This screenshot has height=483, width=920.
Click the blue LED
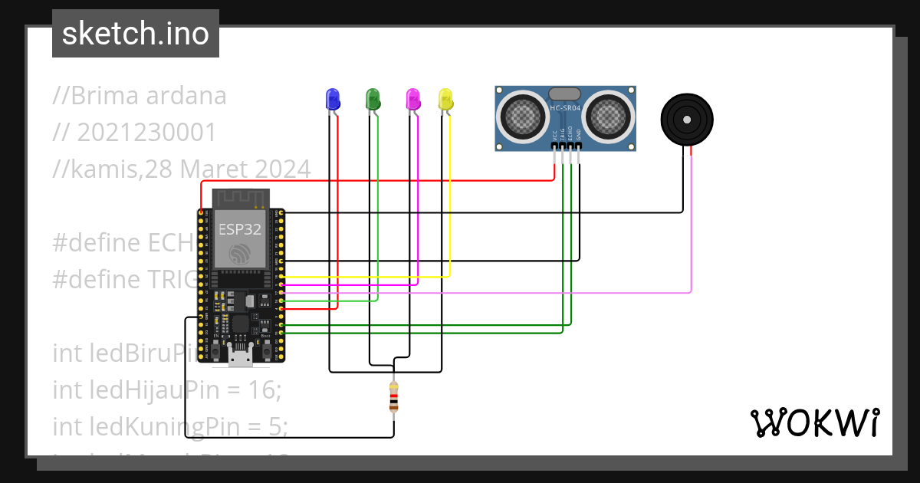[332, 99]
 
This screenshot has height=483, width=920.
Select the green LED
[373, 99]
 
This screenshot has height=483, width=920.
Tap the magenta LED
[412, 99]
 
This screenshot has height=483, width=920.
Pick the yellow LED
[445, 99]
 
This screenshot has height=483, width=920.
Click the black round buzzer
[687, 120]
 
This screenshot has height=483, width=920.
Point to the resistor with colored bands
[393, 399]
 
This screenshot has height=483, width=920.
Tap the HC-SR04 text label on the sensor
[566, 108]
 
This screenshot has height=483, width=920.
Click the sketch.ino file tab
[136, 34]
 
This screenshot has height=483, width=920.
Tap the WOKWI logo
[814, 422]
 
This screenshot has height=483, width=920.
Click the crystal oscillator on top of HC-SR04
[565, 93]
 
